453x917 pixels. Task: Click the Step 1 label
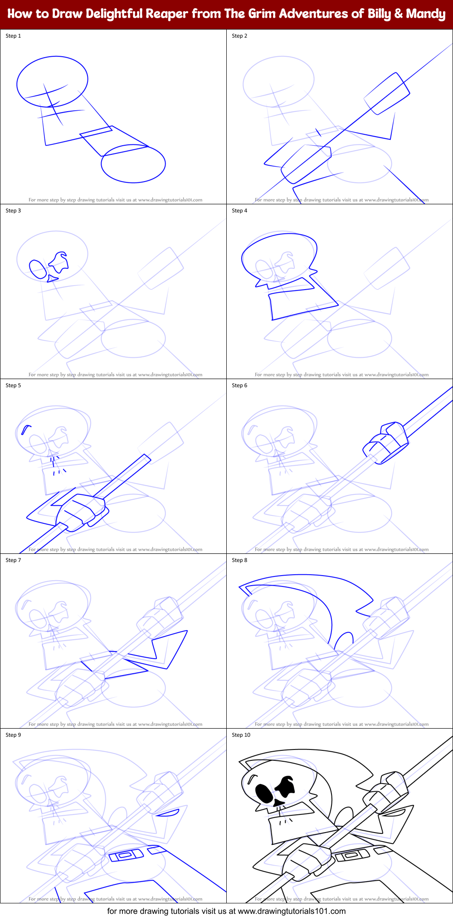(x=13, y=36)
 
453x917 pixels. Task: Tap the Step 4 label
(x=239, y=211)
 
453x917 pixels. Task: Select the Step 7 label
(x=13, y=560)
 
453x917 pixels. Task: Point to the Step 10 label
(x=241, y=735)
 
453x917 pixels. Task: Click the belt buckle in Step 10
(x=352, y=855)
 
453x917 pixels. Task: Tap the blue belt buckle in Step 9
(x=126, y=855)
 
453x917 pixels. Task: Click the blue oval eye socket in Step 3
(x=38, y=269)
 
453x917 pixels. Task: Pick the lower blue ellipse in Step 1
(x=133, y=164)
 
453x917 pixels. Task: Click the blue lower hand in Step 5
(x=82, y=511)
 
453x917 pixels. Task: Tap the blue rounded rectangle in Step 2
(x=387, y=94)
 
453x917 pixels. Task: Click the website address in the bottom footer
(x=292, y=911)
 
